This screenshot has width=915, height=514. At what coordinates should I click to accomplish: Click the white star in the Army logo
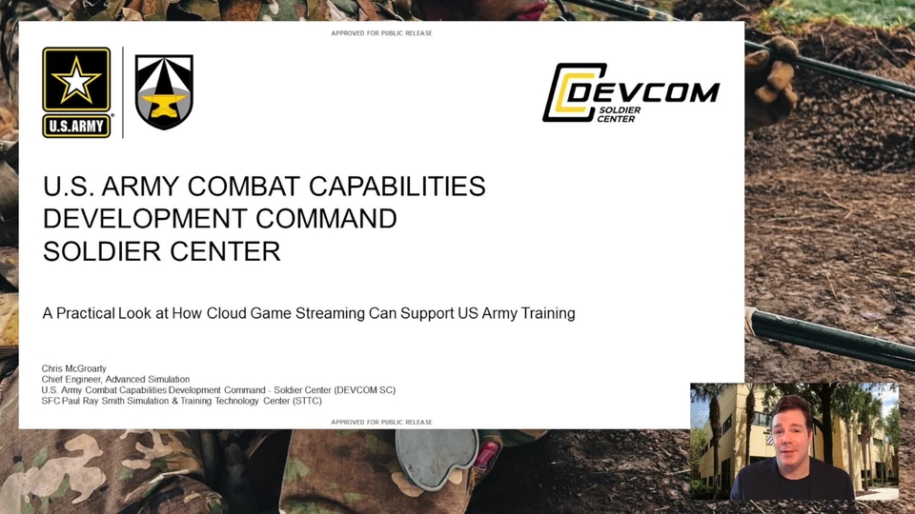76,80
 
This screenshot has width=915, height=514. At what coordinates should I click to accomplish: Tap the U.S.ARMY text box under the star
76,126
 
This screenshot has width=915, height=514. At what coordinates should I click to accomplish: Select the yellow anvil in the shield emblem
164,106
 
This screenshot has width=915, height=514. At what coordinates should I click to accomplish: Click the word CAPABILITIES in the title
396,187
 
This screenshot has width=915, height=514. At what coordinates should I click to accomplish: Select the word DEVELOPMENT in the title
145,219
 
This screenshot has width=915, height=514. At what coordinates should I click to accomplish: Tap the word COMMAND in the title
326,219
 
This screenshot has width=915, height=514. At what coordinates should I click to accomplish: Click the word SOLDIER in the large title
102,251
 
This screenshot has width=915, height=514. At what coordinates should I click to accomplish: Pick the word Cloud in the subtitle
227,313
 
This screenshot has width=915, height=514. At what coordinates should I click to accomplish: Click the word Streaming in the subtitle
330,313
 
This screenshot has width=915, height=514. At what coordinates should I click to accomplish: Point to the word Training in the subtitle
548,313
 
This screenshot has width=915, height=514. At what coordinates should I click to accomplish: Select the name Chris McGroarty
74,369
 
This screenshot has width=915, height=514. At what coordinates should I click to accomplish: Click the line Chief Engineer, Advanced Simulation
115,380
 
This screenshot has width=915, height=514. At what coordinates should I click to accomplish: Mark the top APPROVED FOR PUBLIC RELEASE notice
381,33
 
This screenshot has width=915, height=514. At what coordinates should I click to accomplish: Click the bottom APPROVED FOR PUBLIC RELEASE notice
381,422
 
